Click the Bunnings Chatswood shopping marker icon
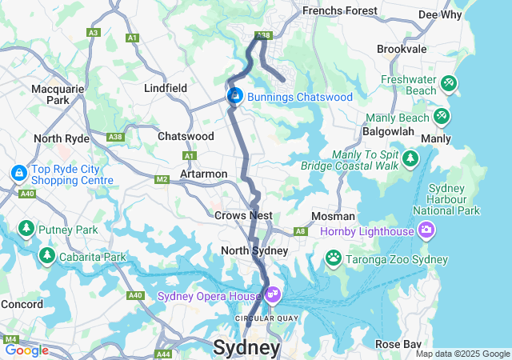coord(235,97)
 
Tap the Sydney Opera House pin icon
coord(273,295)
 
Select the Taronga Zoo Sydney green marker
coord(333,258)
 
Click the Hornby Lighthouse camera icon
coord(426,230)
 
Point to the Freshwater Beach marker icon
coord(449,82)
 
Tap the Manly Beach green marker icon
coord(442,117)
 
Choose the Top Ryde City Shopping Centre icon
coord(18,173)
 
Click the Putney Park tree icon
coord(26,230)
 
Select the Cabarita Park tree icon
coord(47,256)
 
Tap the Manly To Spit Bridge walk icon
coord(410,158)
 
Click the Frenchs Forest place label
coord(338,11)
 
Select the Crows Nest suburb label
coord(243,215)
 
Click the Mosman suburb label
coord(334,216)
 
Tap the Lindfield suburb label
coord(166,88)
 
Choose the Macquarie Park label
coord(58,94)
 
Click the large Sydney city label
coord(246,348)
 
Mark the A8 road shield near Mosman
coord(301,231)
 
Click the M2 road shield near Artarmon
coord(162,178)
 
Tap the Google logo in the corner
coord(26,350)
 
